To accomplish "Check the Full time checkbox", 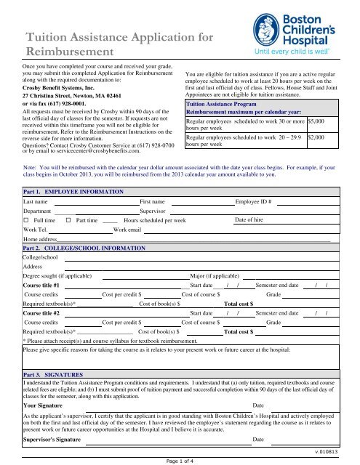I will [x=26, y=219].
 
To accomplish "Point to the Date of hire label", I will [x=252, y=219].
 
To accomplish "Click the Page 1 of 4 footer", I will [x=179, y=459].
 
